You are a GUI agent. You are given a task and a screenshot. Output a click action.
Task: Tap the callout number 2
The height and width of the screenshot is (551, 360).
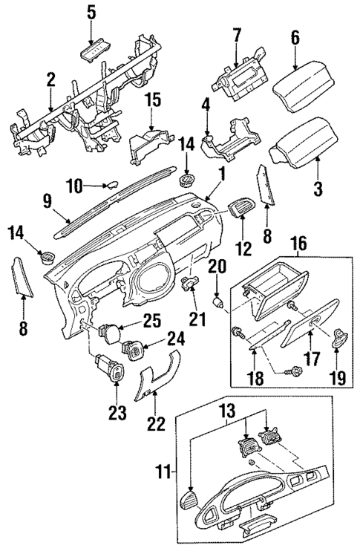(50, 79)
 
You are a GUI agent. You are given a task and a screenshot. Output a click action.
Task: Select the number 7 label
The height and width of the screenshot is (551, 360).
(237, 34)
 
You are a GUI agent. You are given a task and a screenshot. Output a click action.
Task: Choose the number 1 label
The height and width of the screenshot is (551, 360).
(220, 174)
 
